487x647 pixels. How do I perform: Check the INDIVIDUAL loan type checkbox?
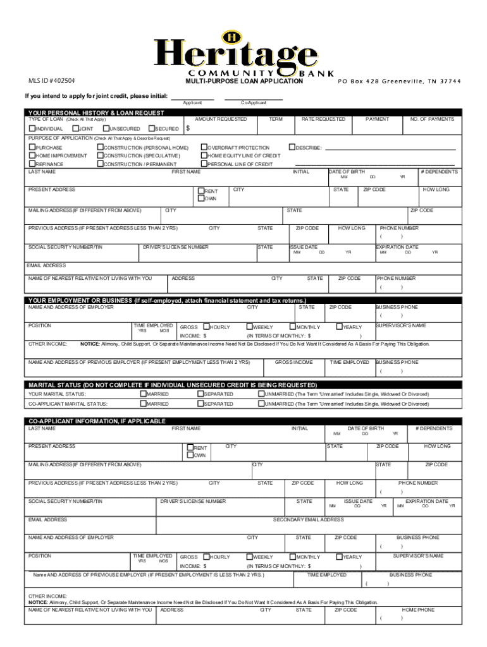tap(32, 129)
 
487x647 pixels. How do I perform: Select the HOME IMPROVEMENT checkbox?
tap(32, 155)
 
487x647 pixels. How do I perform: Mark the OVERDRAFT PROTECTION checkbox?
tap(204, 147)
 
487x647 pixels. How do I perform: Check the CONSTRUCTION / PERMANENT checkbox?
tap(99, 164)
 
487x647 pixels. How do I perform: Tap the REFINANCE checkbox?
tap(32, 164)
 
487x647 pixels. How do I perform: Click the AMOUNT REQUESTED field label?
tap(221, 119)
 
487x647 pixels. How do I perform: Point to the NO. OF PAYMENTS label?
tap(432, 119)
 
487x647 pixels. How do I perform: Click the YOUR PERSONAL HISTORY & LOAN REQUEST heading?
tap(96, 112)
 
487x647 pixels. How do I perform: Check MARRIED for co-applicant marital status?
tap(143, 404)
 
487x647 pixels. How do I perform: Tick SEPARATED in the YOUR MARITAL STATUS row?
tap(200, 394)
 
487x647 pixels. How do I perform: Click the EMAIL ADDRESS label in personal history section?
tap(46, 265)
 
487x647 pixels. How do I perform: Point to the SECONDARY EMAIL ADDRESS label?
tap(308, 519)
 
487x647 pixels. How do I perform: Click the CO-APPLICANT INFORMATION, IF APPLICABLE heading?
tap(97, 421)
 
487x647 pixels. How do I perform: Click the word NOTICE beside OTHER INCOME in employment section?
tap(90, 344)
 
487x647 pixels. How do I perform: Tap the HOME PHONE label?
tap(418, 610)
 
